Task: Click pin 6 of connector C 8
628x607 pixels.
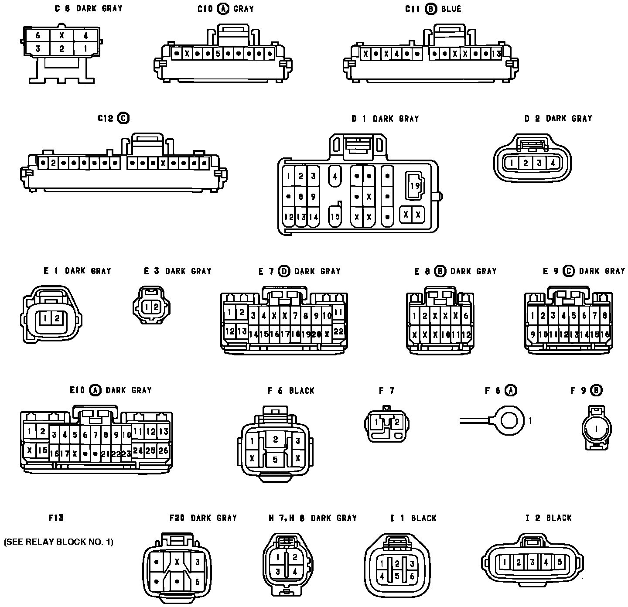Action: [38, 36]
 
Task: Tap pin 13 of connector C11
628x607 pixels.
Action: [496, 54]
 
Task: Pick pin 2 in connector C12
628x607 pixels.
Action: [53, 164]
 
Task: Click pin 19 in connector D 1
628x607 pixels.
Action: [415, 186]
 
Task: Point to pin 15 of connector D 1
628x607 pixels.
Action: [335, 216]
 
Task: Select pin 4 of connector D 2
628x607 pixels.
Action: [553, 163]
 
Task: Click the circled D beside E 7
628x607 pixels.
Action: [284, 271]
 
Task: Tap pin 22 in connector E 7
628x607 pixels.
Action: [338, 331]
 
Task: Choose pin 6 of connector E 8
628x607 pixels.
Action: [466, 316]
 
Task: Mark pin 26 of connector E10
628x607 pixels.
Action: [163, 451]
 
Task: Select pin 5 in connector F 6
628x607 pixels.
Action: [275, 459]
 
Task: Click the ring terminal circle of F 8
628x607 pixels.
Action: [510, 421]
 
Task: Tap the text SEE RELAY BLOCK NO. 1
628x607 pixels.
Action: [58, 542]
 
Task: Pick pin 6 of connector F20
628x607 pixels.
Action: [197, 581]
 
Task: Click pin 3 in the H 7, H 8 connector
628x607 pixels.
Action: [278, 572]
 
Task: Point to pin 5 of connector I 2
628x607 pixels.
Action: [560, 562]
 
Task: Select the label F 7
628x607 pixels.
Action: [386, 391]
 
